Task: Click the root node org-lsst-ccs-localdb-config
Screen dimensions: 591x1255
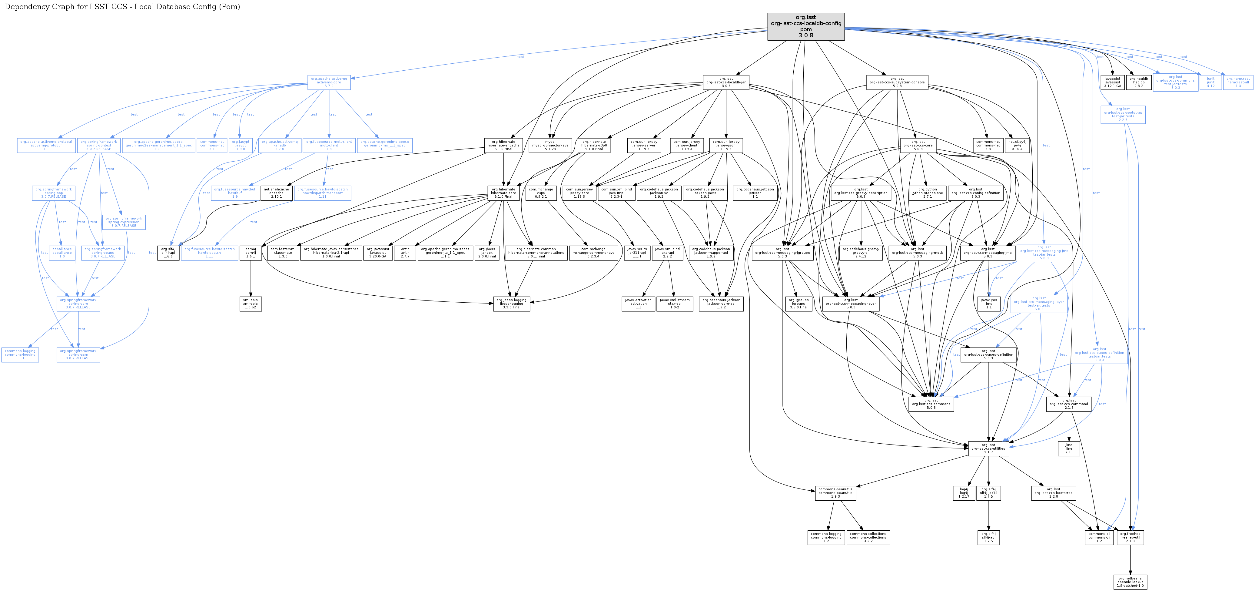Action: pos(806,26)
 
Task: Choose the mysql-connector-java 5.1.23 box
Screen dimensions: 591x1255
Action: pos(550,145)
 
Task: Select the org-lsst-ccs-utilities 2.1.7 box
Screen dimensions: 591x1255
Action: pos(988,448)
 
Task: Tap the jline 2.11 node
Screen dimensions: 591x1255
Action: pos(1068,448)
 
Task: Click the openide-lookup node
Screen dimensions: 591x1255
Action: pos(1130,582)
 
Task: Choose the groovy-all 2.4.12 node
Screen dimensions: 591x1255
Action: pos(861,253)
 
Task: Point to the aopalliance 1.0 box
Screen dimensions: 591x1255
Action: pos(62,253)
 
